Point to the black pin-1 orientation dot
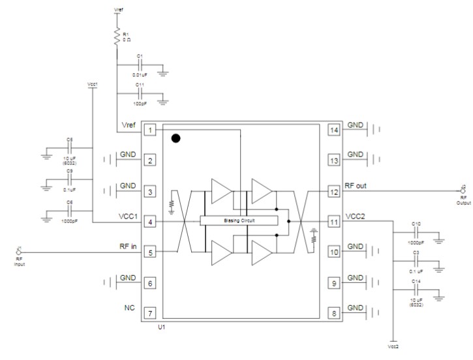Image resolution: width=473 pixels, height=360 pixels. (x=175, y=138)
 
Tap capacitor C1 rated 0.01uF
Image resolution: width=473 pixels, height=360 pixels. (x=140, y=67)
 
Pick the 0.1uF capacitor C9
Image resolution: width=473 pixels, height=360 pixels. (x=70, y=184)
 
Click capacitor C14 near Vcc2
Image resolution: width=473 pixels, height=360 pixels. (x=417, y=293)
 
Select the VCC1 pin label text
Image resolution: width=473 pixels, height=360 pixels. (x=127, y=217)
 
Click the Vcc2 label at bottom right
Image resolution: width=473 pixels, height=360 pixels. (x=393, y=346)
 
